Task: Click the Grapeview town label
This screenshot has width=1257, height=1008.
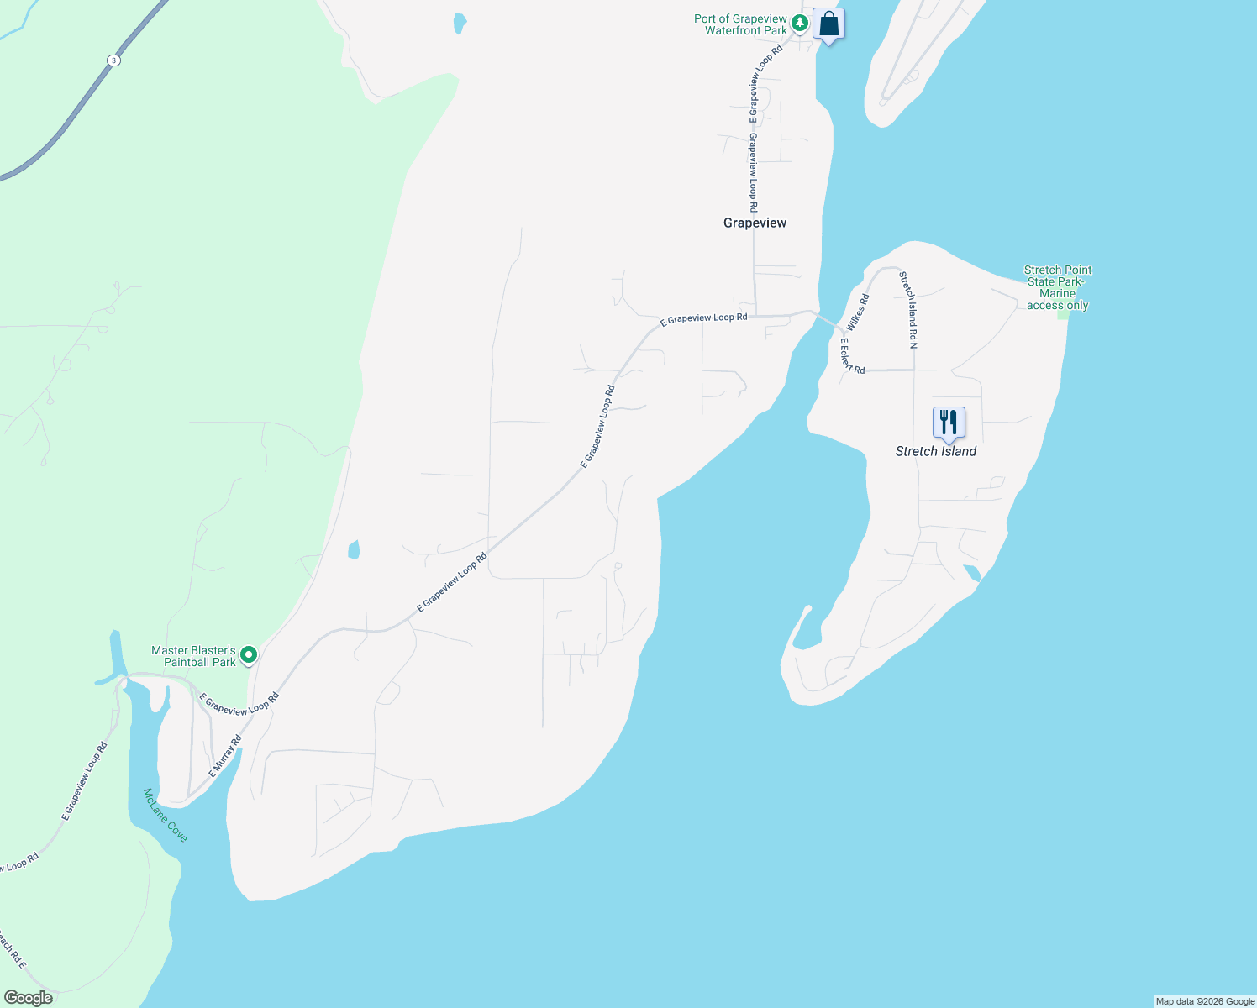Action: click(755, 223)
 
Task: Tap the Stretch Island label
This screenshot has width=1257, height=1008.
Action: click(935, 451)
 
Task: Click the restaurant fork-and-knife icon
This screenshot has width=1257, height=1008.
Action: click(949, 422)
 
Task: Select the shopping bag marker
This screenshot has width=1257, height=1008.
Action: click(828, 24)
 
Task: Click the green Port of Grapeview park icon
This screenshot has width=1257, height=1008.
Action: click(801, 24)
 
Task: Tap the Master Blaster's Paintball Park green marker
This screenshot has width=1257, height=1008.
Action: click(249, 654)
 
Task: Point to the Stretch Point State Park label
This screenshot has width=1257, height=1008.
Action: click(1057, 287)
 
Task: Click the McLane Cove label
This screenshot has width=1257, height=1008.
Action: click(166, 815)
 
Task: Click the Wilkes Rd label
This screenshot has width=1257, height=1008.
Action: click(858, 312)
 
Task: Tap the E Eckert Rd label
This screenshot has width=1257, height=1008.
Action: click(851, 356)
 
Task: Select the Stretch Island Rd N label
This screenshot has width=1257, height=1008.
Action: click(908, 309)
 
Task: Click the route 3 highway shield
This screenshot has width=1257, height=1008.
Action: click(113, 60)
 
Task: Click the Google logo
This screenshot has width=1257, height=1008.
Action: click(28, 998)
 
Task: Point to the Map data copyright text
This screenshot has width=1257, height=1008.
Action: click(1205, 1001)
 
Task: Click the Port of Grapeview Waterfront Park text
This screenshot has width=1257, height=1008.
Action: click(741, 24)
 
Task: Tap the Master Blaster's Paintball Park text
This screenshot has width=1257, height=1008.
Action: click(193, 656)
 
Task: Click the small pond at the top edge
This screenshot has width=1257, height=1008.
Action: click(459, 23)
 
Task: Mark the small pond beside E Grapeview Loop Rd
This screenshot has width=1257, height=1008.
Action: click(354, 549)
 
